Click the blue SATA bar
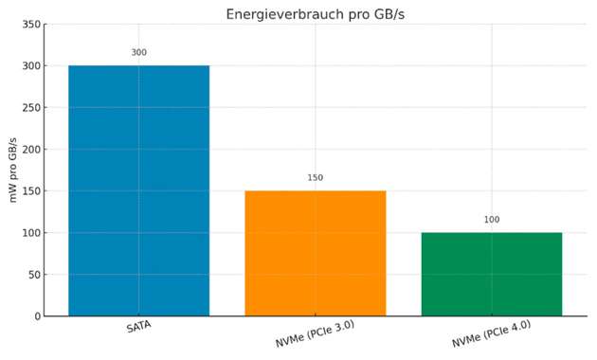click(138, 190)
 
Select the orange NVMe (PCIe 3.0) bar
click(315, 253)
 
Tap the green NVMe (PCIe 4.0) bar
click(491, 274)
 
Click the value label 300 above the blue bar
click(138, 53)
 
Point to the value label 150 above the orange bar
click(315, 178)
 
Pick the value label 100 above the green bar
click(491, 220)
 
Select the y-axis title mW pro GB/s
click(13, 170)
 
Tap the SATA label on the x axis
click(138, 327)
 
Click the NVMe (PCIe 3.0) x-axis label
click(315, 333)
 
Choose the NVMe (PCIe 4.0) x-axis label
click(491, 333)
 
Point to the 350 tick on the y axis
click(31, 25)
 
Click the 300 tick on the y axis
click(31, 66)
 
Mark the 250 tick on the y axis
click(31, 108)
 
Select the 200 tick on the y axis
click(31, 150)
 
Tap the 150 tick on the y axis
click(31, 191)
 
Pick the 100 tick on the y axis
click(31, 233)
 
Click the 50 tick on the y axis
click(34, 275)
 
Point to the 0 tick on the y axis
click(37, 316)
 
